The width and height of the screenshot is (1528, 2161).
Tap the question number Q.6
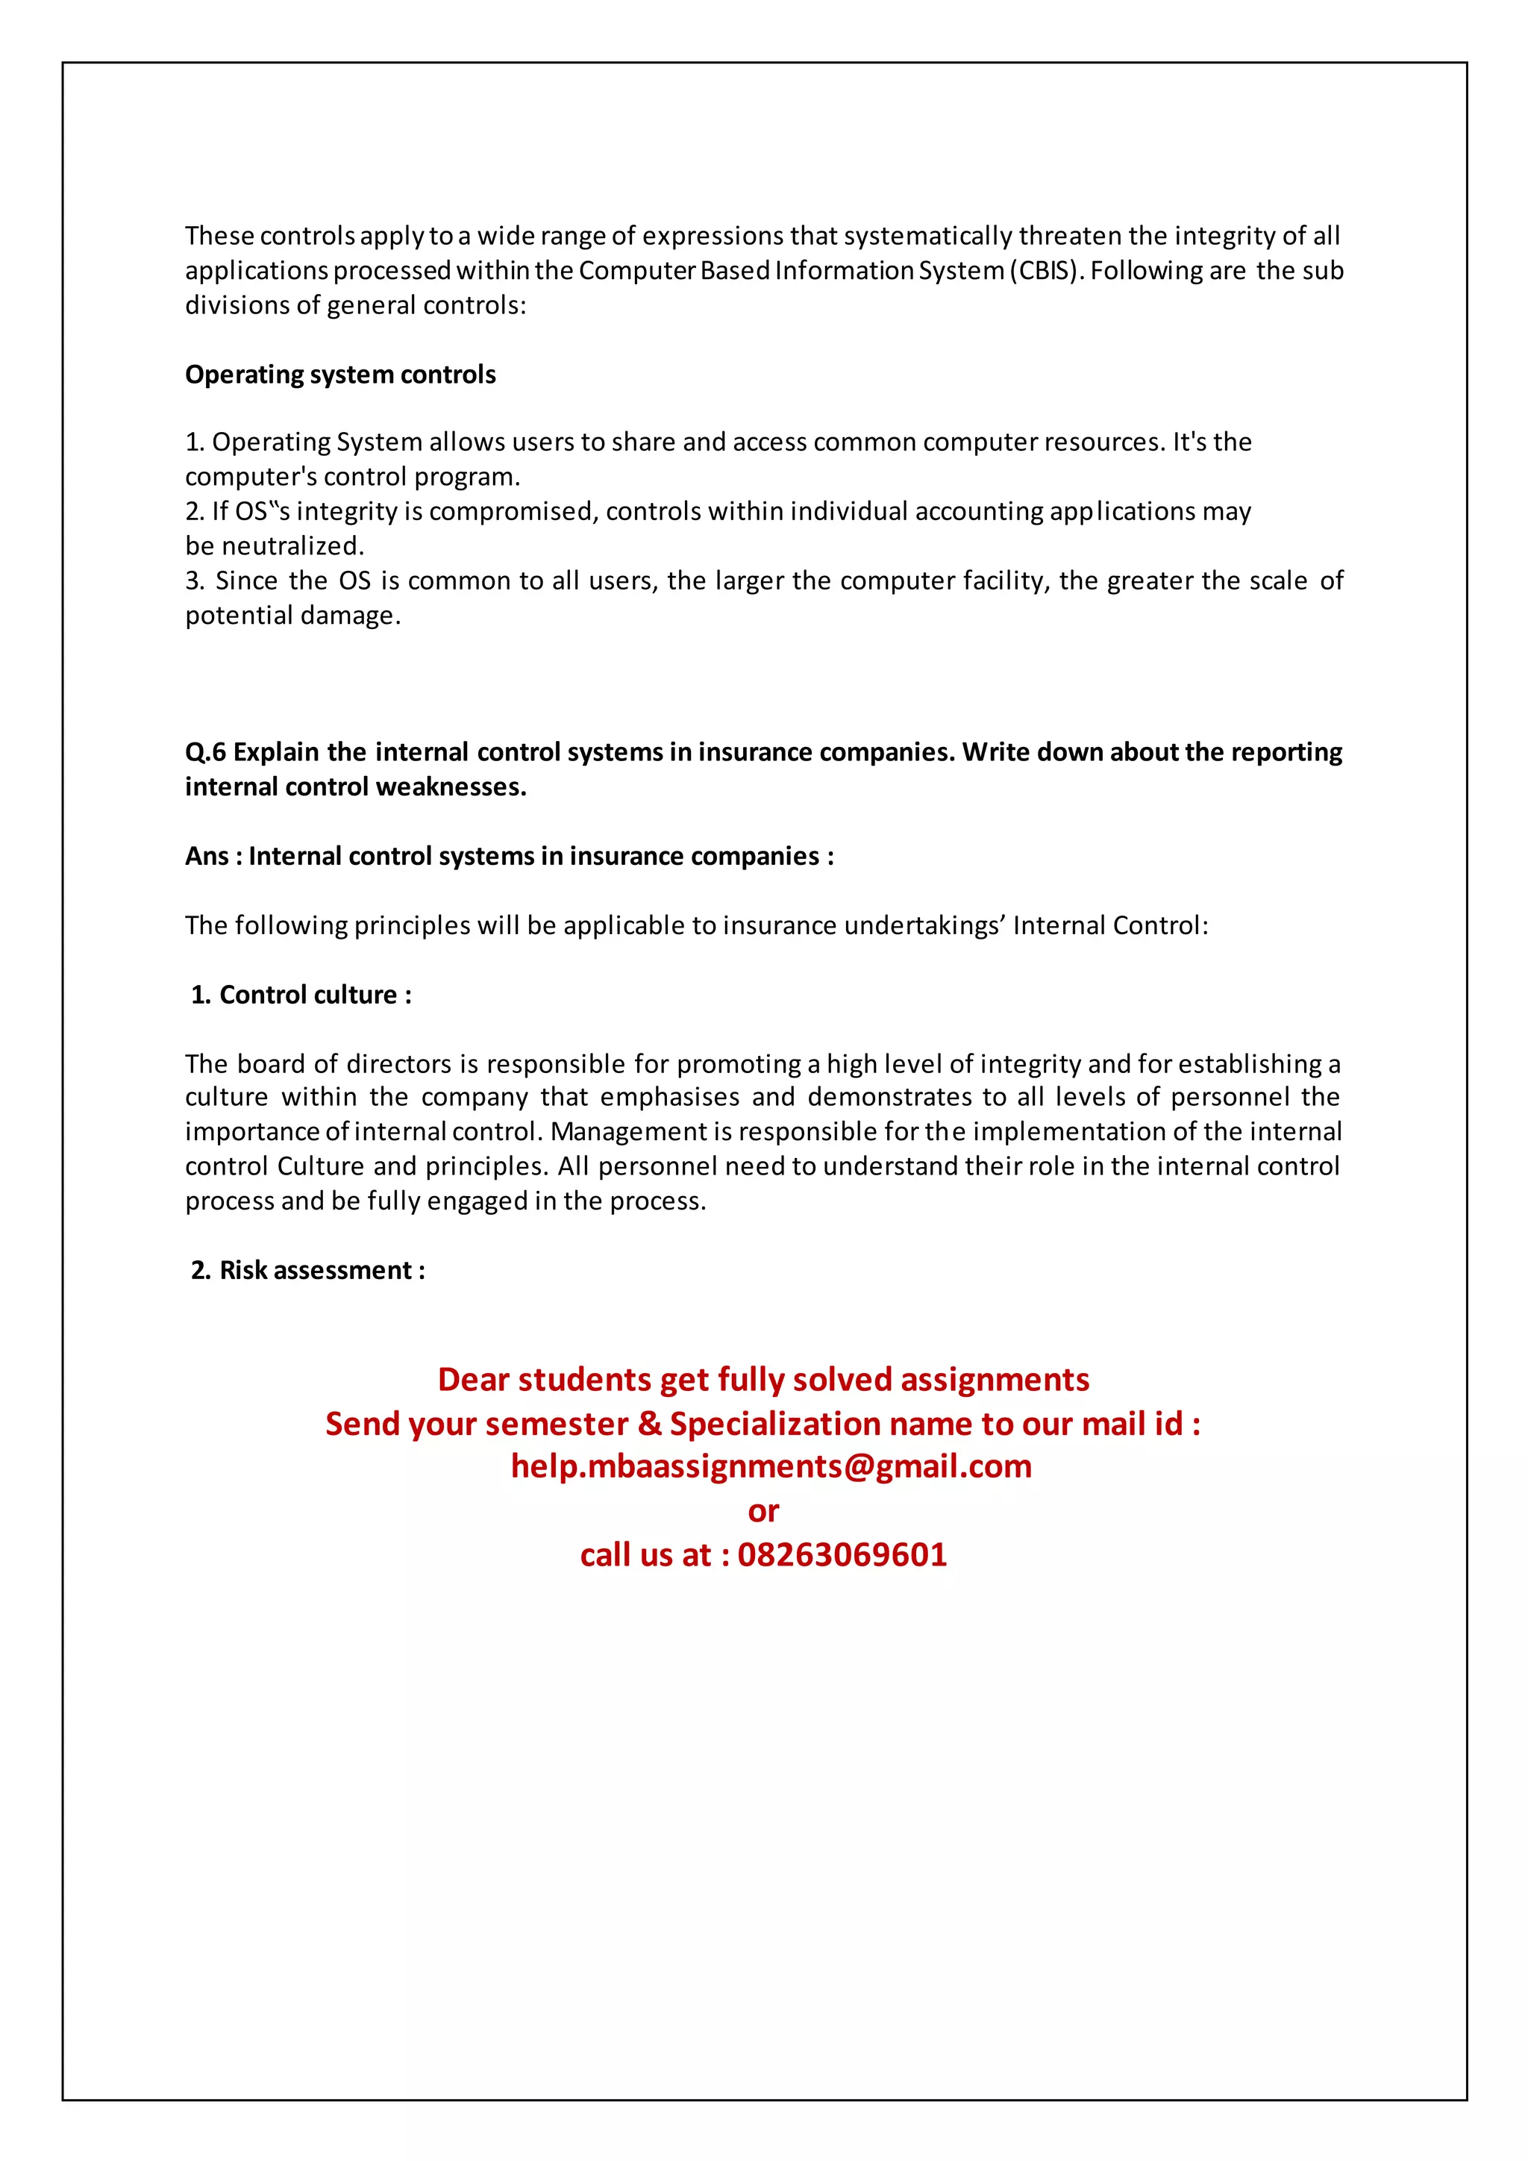(x=205, y=752)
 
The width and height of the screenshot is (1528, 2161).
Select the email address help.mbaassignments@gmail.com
(x=771, y=1466)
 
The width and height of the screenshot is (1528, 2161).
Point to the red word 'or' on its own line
(x=763, y=1510)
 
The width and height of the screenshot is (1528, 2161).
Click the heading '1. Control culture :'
(x=301, y=995)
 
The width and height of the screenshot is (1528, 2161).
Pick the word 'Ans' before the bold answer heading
(x=206, y=857)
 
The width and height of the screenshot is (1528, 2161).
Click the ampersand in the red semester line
(x=649, y=1423)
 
